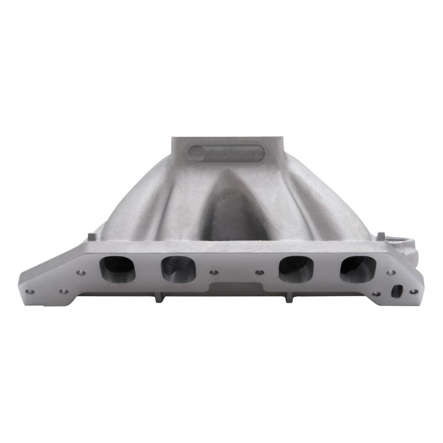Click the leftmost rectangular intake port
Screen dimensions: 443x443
tap(117, 269)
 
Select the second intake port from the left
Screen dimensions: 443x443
tap(178, 269)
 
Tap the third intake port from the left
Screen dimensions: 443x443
tap(295, 269)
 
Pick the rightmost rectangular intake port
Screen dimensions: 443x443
tap(358, 269)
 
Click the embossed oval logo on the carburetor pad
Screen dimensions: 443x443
tap(226, 153)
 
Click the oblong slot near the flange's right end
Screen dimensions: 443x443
tap(396, 290)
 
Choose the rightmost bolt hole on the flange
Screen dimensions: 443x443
tap(414, 291)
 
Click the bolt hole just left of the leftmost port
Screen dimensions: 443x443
tap(81, 272)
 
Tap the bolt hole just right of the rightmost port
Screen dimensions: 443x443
tap(391, 272)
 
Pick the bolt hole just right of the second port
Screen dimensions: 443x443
tap(213, 272)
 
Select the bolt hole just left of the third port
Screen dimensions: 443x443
tap(259, 272)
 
